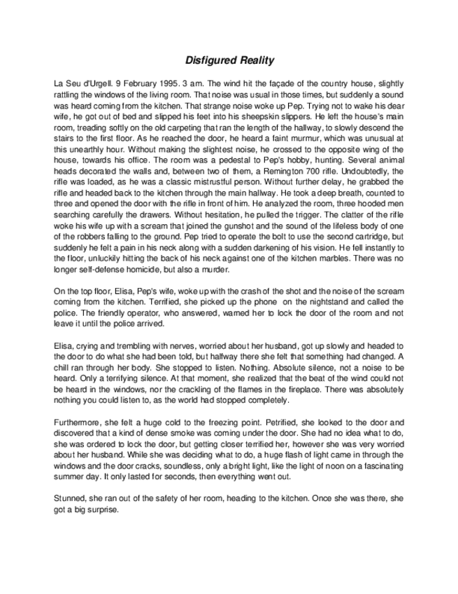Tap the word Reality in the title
click(x=255, y=61)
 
